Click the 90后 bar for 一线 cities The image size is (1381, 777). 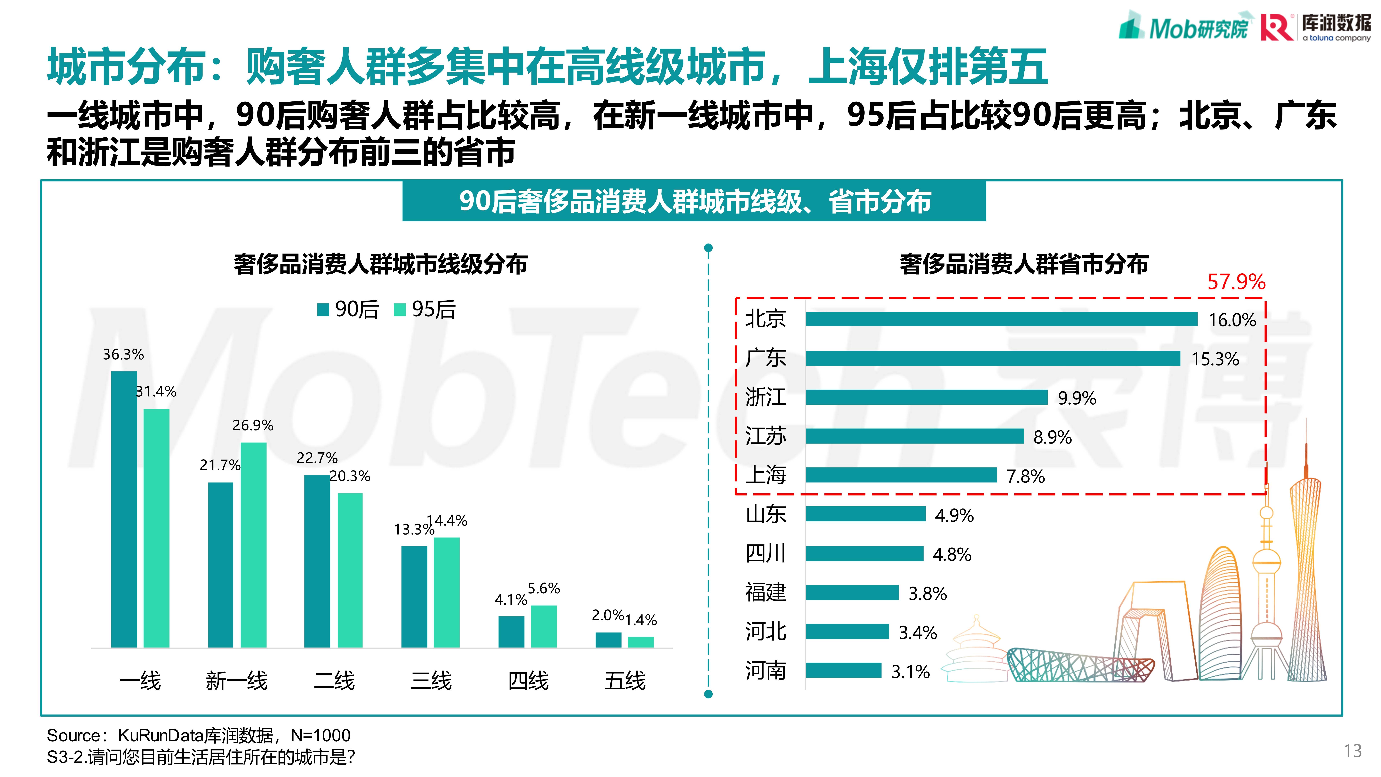124,509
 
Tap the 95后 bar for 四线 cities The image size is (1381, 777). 544,626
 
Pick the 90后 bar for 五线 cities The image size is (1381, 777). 609,640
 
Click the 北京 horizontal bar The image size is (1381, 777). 1001,319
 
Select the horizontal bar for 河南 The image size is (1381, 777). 843,670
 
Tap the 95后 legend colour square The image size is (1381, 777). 399,310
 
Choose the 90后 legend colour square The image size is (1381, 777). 323,310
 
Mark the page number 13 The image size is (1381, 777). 1352,751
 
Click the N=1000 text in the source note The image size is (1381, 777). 321,735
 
